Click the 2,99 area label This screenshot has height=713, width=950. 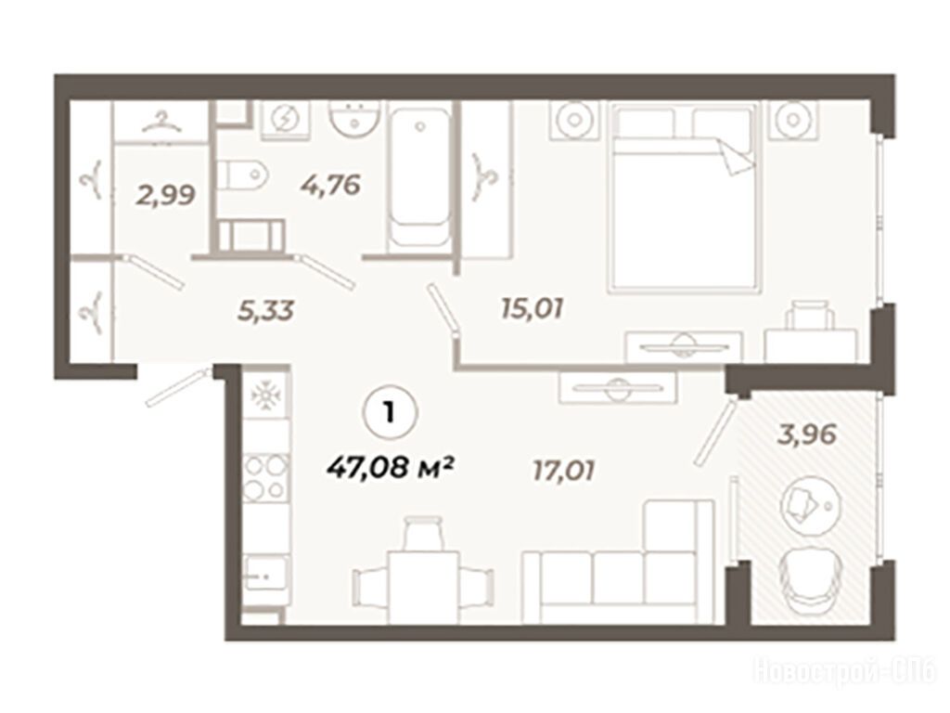point(165,195)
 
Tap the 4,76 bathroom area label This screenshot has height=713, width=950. point(331,184)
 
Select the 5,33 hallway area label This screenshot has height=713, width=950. point(265,310)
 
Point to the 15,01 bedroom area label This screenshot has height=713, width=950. point(533,308)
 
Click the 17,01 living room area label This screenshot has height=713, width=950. point(563,471)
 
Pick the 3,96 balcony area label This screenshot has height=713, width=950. point(808,434)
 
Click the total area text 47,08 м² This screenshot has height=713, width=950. point(391,467)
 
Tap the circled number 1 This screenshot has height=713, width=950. point(390,413)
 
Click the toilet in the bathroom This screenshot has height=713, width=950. point(242,175)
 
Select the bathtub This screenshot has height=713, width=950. point(420,178)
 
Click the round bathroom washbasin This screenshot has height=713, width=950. point(355,119)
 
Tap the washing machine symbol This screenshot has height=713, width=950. point(285,120)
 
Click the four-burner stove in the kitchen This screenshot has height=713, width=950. point(265,478)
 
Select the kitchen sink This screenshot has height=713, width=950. point(265,572)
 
